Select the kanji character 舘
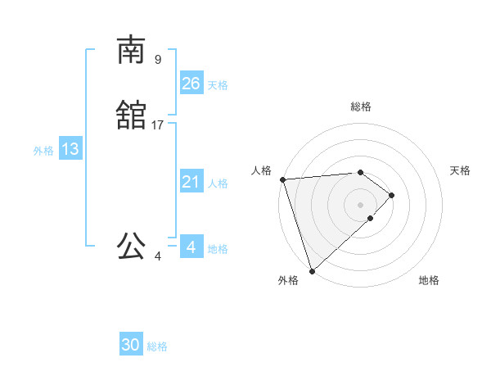[131, 115]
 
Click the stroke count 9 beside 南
[158, 59]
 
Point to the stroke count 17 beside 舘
[158, 125]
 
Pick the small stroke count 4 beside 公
[158, 256]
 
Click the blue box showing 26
[191, 84]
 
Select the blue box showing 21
[191, 182]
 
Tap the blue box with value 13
[70, 149]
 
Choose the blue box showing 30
[131, 345]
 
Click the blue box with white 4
[191, 247]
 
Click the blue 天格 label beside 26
[218, 85]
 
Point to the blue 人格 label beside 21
[218, 183]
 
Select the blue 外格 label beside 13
[43, 151]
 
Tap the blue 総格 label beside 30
[157, 346]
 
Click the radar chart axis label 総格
[361, 106]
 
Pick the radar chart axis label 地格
[429, 281]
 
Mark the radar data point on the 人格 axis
[282, 179]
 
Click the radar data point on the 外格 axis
[311, 269]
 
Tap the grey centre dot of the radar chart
[361, 204]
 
